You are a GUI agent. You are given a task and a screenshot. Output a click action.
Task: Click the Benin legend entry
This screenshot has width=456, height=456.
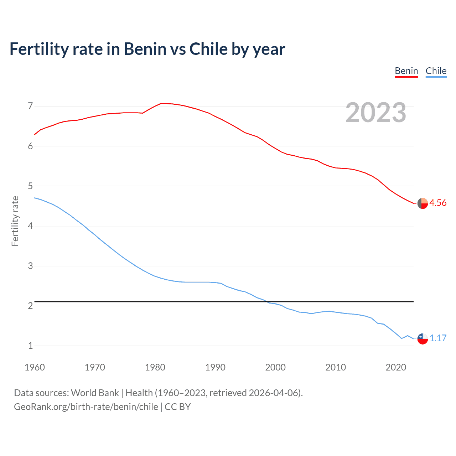point(406,71)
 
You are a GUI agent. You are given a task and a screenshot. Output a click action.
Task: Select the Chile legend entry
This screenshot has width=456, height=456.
point(436,71)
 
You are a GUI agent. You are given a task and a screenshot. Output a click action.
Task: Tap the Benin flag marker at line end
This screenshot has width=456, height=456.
point(423,203)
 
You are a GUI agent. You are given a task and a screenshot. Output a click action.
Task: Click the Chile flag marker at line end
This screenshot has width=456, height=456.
point(423,338)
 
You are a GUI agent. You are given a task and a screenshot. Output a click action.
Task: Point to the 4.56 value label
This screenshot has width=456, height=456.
point(438,203)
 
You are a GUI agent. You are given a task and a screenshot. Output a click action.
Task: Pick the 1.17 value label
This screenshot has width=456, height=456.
point(438,338)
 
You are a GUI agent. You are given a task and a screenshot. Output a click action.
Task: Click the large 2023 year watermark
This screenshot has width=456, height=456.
point(376,113)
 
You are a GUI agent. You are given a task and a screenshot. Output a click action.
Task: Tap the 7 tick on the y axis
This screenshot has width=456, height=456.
point(30,106)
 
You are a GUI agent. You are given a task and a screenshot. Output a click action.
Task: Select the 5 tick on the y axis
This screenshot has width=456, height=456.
point(30,186)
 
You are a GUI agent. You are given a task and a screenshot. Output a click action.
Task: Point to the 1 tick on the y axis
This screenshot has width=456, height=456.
point(30,346)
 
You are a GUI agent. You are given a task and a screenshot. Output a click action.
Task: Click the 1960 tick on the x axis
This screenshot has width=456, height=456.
point(35,367)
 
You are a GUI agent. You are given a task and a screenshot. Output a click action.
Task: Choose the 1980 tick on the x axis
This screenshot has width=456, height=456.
point(155,367)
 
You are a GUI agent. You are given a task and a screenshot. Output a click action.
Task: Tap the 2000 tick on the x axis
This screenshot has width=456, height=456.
point(275,367)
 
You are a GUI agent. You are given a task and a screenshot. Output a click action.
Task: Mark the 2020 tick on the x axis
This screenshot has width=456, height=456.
point(396,367)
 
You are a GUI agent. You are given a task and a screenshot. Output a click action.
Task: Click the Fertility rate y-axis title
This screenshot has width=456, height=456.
point(15,221)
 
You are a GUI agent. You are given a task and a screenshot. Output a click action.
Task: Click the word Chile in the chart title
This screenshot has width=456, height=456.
point(208,49)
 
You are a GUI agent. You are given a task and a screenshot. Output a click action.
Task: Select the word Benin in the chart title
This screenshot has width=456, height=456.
point(145,49)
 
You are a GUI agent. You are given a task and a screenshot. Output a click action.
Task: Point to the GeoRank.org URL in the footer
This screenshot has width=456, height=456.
point(86,406)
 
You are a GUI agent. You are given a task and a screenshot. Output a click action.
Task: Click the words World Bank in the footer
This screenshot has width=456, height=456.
point(95,393)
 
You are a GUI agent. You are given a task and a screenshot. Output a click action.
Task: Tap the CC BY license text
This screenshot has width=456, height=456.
point(177,406)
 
